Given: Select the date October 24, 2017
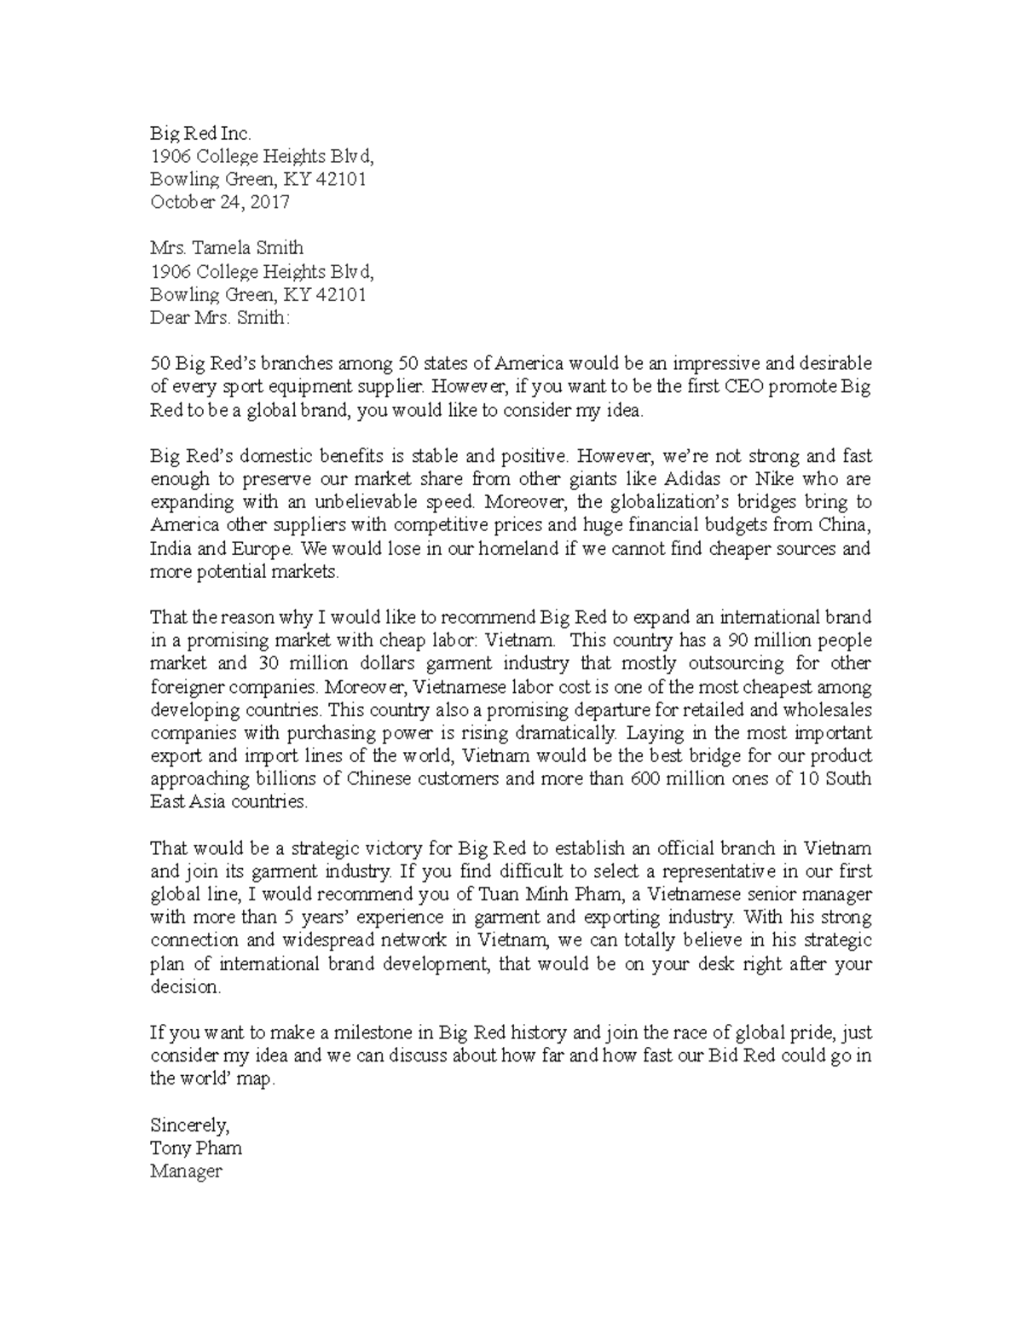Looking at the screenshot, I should pyautogui.click(x=220, y=202).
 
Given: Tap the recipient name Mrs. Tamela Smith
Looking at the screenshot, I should pyautogui.click(x=227, y=248).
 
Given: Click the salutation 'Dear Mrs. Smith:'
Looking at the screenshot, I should pyautogui.click(x=220, y=318).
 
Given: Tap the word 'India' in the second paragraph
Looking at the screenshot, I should pyautogui.click(x=170, y=548).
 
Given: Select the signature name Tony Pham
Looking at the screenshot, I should pyautogui.click(x=196, y=1148).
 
